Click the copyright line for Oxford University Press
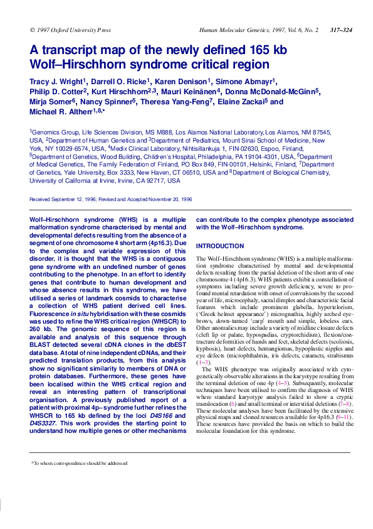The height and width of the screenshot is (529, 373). click(x=70, y=30)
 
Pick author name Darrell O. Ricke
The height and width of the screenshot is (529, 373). click(x=123, y=81)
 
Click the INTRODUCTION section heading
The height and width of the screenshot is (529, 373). click(x=219, y=246)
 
